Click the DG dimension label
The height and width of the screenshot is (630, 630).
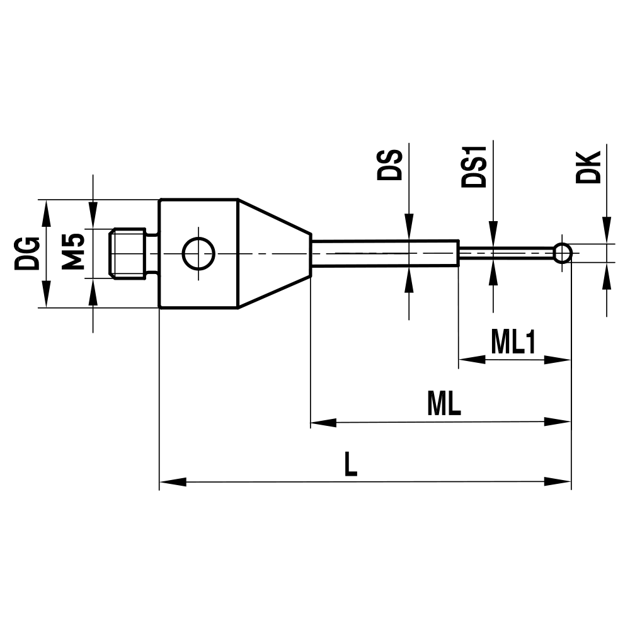click(26, 253)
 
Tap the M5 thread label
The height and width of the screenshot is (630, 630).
click(74, 251)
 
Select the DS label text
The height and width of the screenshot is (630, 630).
click(389, 165)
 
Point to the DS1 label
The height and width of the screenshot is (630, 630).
click(474, 168)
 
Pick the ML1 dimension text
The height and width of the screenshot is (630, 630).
click(513, 343)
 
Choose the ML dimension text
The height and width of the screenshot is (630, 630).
click(444, 404)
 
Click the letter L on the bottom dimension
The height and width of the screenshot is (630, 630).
click(351, 466)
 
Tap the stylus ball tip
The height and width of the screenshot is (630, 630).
click(563, 253)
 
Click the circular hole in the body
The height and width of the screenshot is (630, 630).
click(198, 254)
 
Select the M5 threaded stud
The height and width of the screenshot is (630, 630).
click(132, 253)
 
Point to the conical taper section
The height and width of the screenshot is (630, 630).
click(274, 254)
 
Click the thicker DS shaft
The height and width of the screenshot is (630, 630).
click(384, 253)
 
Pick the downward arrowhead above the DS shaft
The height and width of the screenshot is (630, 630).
click(409, 227)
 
